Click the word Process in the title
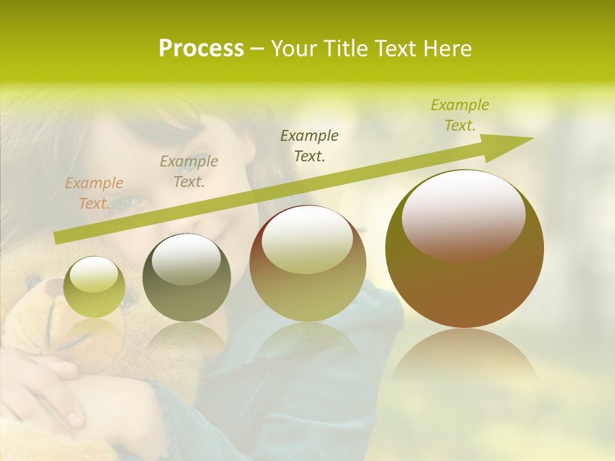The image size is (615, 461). click(201, 49)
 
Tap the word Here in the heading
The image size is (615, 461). click(447, 49)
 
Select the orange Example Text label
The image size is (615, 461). click(94, 193)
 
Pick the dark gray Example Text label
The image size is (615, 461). click(310, 145)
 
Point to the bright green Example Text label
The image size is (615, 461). click(460, 115)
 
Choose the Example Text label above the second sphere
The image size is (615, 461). click(189, 172)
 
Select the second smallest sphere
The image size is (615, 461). click(186, 277)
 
